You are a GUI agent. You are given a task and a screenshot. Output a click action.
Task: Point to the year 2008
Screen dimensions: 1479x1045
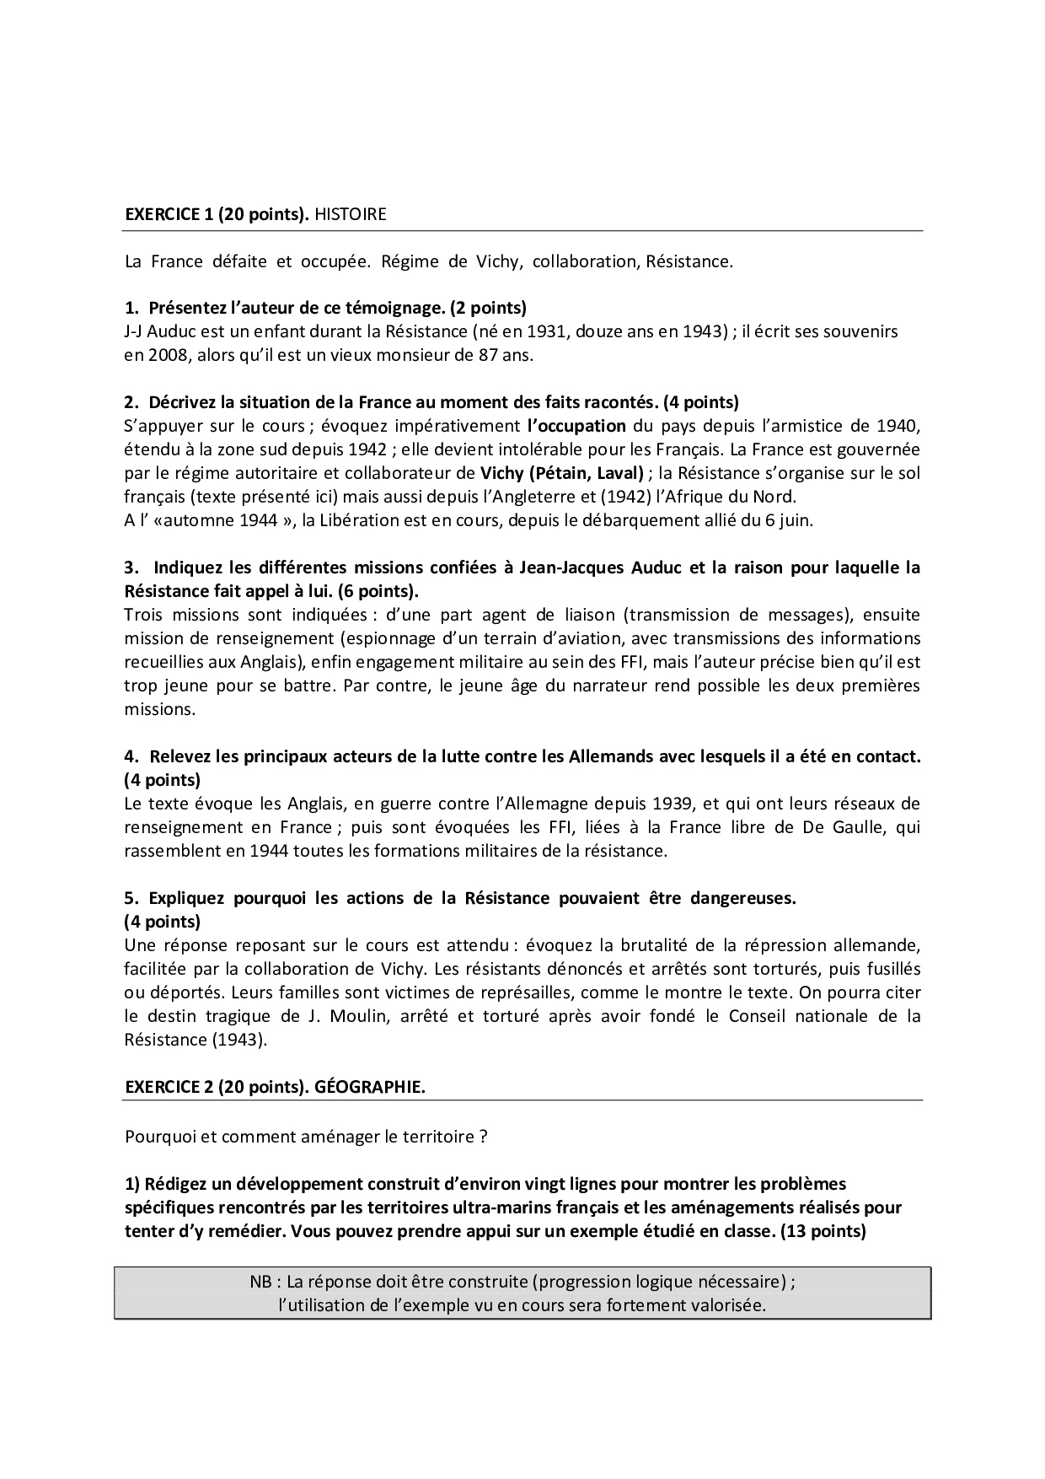[x=162, y=355]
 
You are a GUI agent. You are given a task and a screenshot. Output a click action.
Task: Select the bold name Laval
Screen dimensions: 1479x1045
[x=619, y=472]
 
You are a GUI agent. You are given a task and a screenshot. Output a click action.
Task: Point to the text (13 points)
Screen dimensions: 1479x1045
[x=823, y=1231]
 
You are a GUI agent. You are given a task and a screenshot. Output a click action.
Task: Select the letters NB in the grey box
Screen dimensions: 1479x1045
[x=260, y=1283]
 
